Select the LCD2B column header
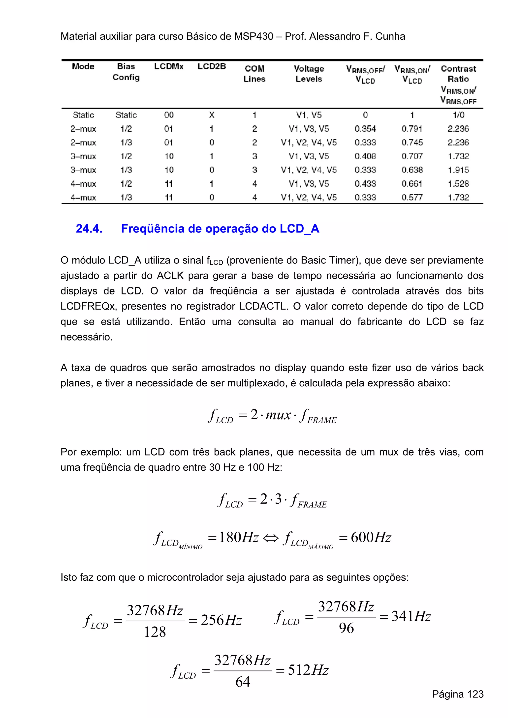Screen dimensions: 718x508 coord(212,66)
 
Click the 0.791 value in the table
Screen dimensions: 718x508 coord(412,129)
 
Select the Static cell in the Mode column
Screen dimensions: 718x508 coord(83,115)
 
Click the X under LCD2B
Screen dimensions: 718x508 coord(212,115)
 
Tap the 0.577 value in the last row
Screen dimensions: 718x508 coord(412,197)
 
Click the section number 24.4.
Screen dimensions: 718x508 coord(89,229)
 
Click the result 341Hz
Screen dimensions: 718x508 coord(411,616)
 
